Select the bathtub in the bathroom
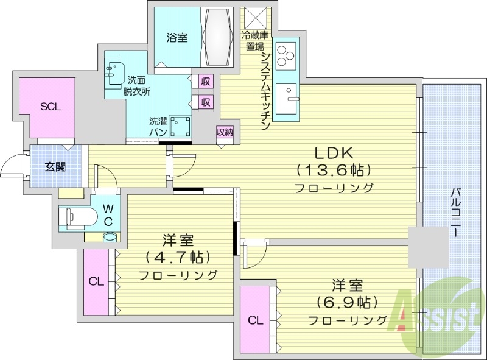[x=218, y=37]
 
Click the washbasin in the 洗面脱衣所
[x=115, y=73]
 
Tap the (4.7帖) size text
[x=178, y=256]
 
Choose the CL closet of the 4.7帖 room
[x=96, y=281]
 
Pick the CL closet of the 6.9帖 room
[x=256, y=320]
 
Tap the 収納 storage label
[x=224, y=132]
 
